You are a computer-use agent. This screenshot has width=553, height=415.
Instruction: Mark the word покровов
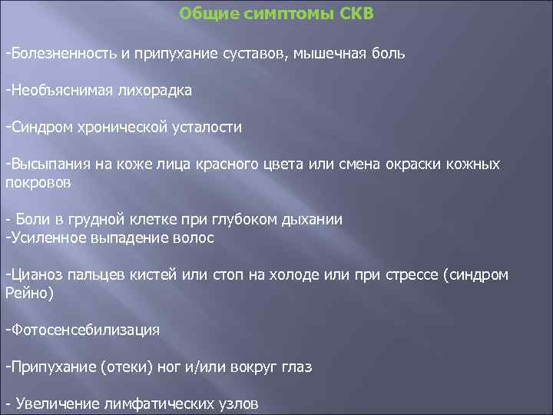coord(38,183)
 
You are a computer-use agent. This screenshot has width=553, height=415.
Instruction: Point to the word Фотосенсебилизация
coord(84,330)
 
